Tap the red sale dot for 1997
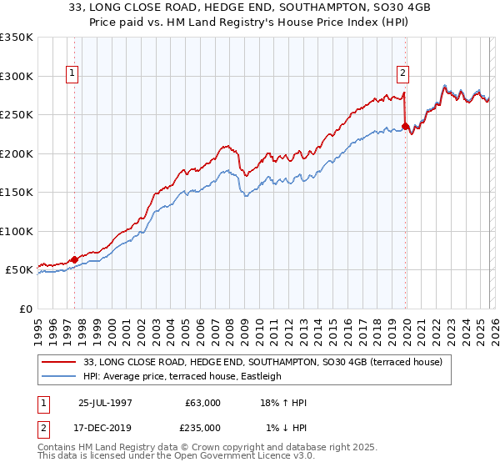pos(74,259)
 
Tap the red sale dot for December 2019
pos(405,127)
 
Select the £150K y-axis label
pos(16,192)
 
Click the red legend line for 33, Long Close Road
pos(60,362)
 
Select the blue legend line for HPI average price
pos(60,376)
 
